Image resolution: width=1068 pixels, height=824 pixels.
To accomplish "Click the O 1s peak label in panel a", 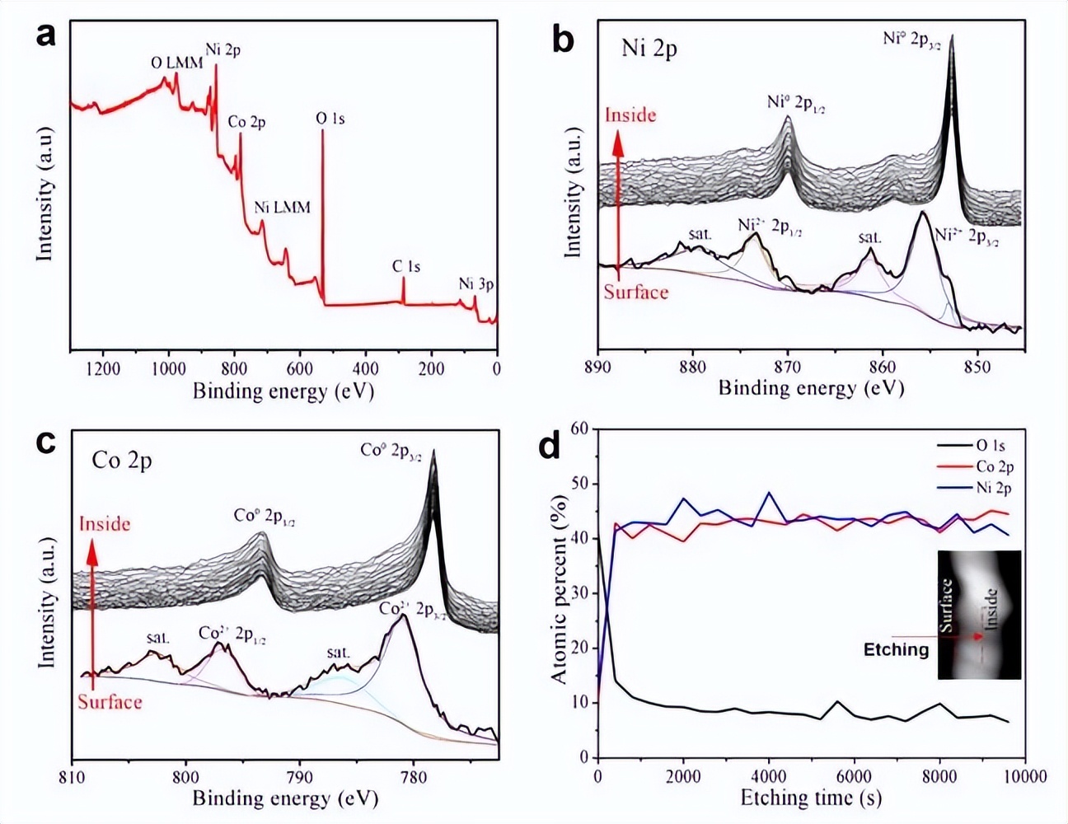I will coord(330,119).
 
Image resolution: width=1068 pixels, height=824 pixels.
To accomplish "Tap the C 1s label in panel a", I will coord(405,266).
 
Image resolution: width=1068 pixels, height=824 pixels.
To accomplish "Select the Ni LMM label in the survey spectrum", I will coord(283,207).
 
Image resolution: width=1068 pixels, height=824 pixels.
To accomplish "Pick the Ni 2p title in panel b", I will coord(649,49).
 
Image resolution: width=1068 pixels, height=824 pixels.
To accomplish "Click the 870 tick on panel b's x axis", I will coord(788,366).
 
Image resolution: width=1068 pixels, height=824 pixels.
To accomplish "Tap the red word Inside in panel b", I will coord(630,115).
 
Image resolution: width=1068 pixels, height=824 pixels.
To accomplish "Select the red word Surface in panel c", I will coord(110,702).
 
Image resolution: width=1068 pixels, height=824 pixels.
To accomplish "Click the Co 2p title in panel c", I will coord(122,460).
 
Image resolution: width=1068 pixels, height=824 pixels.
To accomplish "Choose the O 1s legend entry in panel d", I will coord(990,447).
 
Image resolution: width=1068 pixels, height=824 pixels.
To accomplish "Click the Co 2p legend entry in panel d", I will coord(993,467).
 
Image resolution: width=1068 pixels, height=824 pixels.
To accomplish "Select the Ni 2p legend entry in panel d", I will coord(993,488).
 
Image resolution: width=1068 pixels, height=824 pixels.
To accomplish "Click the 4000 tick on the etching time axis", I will coord(768,776).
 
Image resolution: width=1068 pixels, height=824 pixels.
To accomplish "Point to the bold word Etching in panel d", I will coord(896,649).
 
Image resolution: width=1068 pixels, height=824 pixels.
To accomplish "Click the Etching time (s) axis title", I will coord(811,798).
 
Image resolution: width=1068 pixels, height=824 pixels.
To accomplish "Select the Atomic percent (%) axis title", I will coord(559,588).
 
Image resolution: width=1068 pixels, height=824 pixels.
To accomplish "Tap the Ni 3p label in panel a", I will coord(476,284).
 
